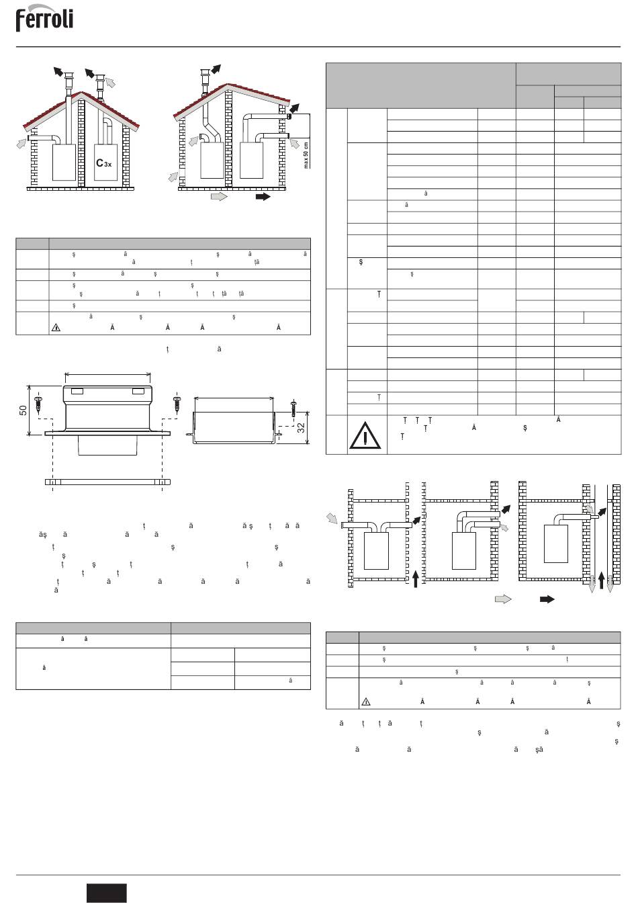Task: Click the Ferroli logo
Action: click(x=44, y=19)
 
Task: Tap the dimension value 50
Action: click(x=23, y=410)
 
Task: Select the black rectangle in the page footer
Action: click(x=106, y=893)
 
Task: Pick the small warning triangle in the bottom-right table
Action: click(x=366, y=701)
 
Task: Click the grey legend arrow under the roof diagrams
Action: click(x=219, y=197)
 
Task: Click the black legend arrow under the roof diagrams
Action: click(x=263, y=197)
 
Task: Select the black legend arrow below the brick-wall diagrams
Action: click(x=547, y=599)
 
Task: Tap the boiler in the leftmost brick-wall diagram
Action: click(x=375, y=551)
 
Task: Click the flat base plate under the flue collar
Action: click(x=107, y=482)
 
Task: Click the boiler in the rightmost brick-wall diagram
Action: click(x=556, y=543)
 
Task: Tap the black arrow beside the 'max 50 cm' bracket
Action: click(x=294, y=107)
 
